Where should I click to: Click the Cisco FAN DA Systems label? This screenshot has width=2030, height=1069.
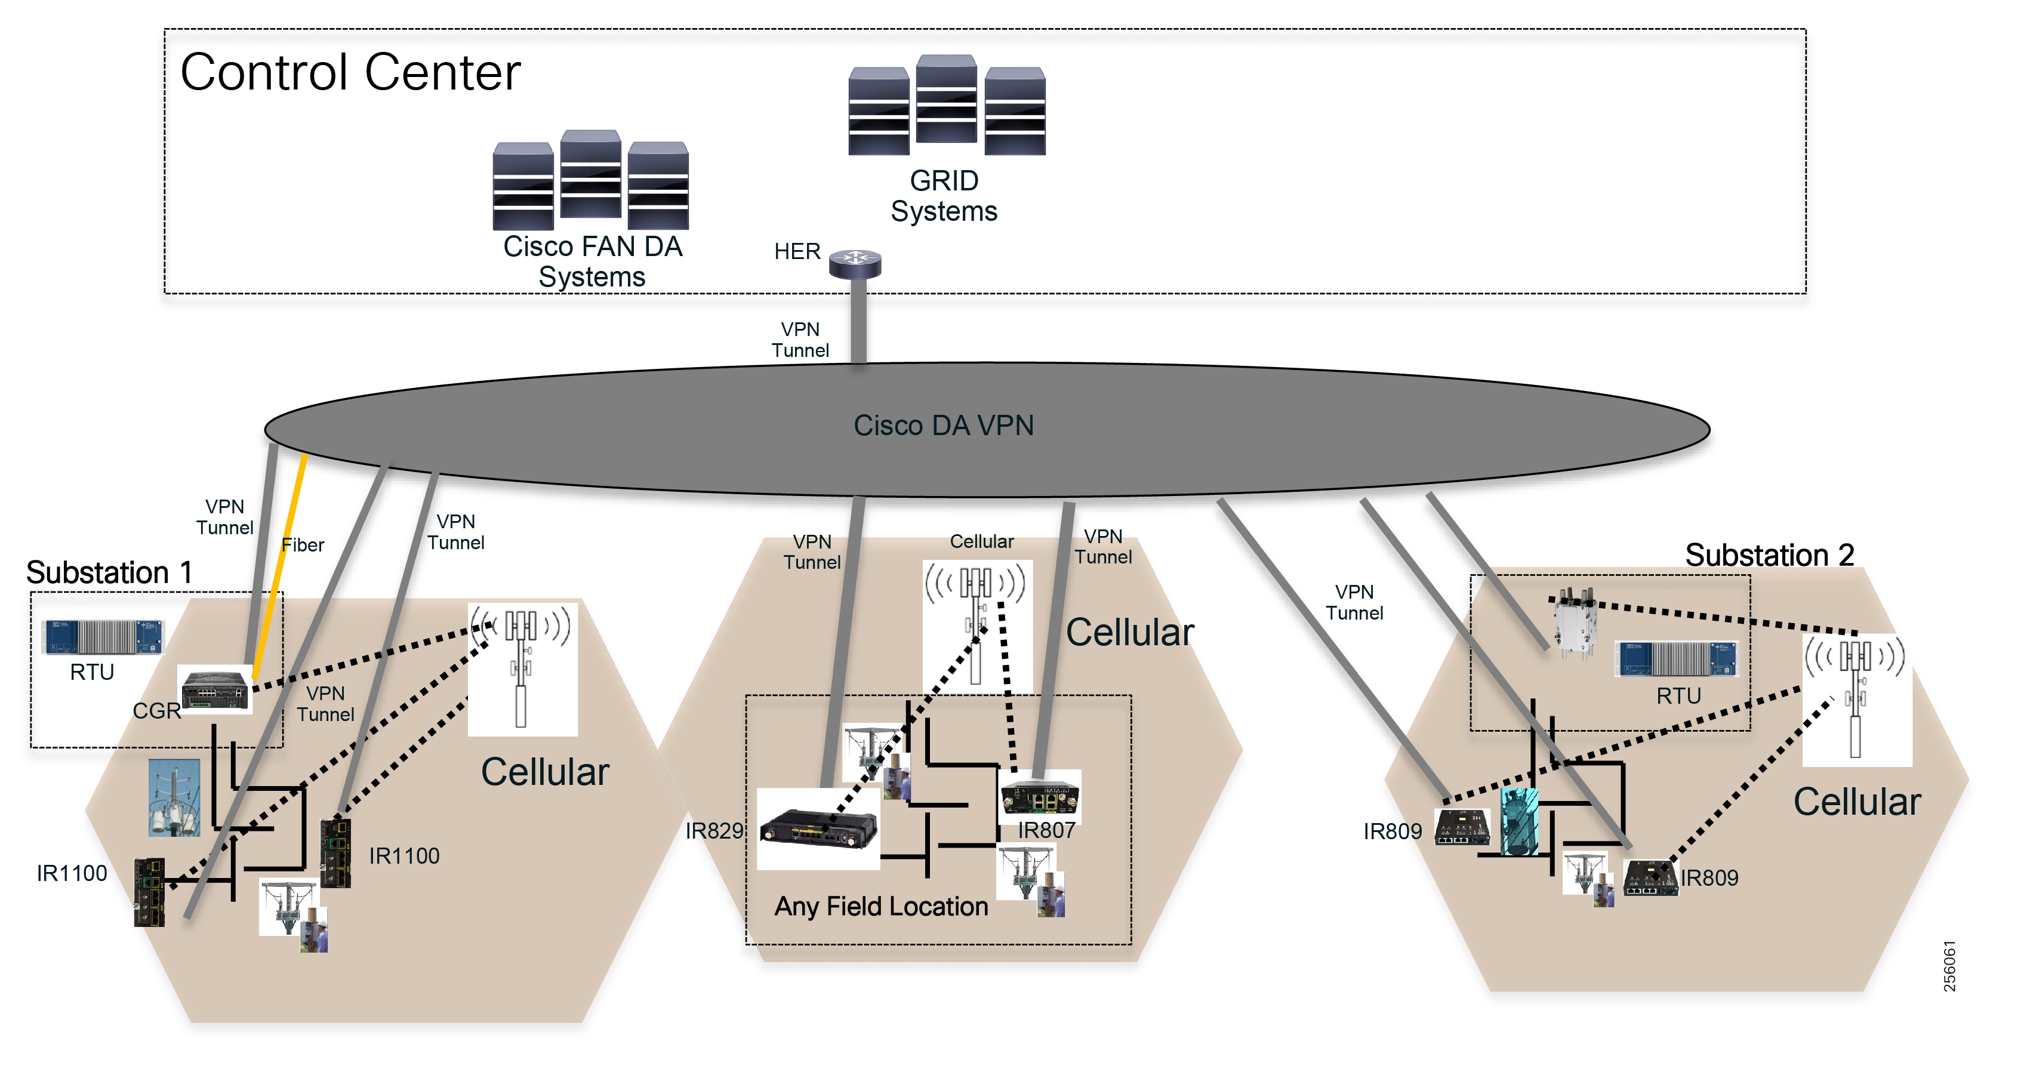click(x=592, y=261)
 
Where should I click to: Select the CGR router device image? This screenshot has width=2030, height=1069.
click(x=214, y=689)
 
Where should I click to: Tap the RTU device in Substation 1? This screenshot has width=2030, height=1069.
click(x=103, y=636)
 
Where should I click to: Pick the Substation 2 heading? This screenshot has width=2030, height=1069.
click(x=1769, y=555)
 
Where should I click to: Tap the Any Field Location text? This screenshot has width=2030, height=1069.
click(x=880, y=907)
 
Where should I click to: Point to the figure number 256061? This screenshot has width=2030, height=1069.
click(x=1949, y=966)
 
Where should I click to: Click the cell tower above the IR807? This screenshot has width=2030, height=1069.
click(x=977, y=623)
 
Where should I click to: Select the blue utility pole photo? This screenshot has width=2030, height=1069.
click(x=174, y=797)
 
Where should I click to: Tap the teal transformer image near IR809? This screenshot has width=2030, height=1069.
click(x=1518, y=822)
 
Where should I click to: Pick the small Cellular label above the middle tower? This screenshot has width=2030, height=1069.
click(x=981, y=542)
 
